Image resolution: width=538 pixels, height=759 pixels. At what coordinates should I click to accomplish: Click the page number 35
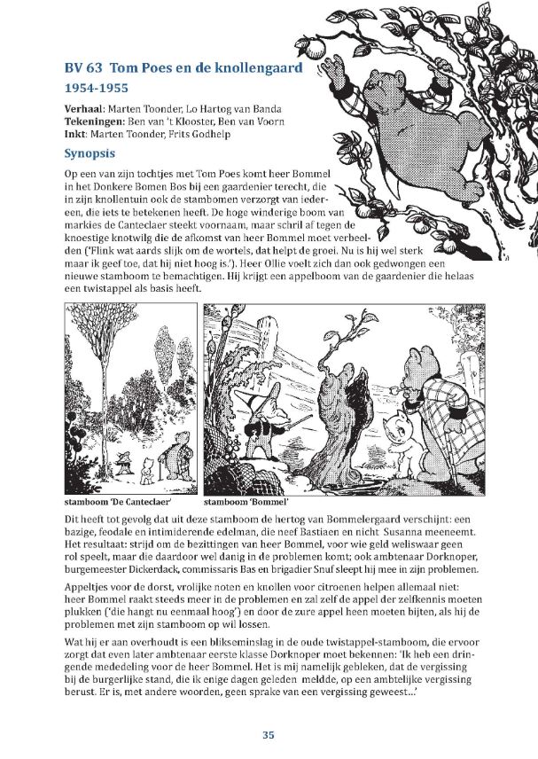coord(269,734)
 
